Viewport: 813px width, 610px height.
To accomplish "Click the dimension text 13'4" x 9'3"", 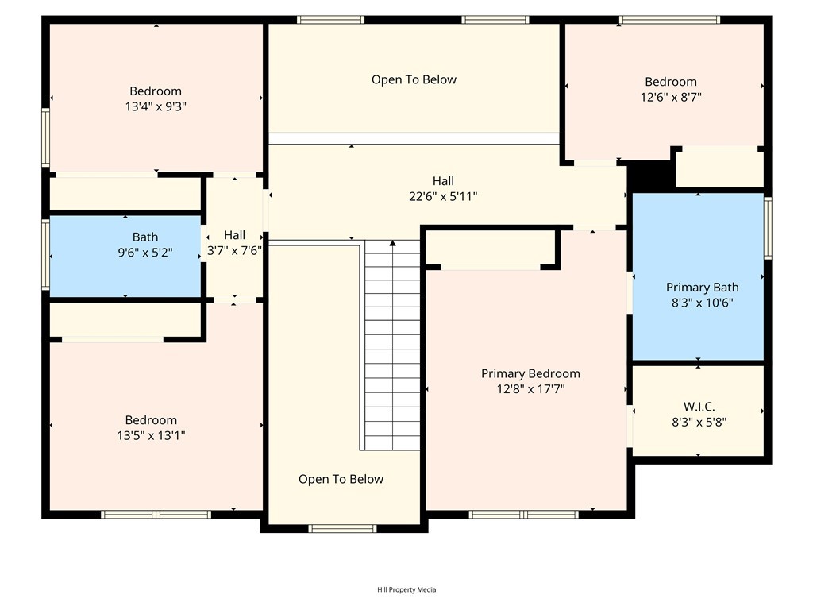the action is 156,106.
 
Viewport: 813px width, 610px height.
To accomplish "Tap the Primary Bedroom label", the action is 530,373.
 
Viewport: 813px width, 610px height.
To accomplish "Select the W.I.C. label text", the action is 699,407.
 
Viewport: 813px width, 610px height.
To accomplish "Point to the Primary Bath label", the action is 702,288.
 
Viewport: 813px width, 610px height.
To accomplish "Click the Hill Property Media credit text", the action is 406,589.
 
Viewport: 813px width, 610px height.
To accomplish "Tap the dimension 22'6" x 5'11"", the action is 443,196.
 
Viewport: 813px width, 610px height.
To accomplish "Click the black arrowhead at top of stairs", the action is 392,243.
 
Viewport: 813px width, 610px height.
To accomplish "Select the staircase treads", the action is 392,345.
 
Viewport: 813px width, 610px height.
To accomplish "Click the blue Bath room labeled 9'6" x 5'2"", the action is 125,257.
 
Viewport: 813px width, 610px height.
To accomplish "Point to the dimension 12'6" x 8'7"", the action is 671,97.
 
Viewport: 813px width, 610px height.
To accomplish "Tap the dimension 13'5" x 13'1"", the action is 151,435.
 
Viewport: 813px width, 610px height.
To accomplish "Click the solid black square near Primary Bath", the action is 651,177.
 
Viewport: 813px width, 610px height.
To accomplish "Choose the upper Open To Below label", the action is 414,79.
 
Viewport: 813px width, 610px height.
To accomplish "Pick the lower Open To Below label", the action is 341,479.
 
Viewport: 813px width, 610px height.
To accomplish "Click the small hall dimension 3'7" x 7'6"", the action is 234,250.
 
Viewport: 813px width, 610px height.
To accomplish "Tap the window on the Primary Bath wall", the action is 768,228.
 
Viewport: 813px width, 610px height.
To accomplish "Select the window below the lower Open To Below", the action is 342,528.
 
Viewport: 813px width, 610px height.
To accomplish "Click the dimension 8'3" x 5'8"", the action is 699,423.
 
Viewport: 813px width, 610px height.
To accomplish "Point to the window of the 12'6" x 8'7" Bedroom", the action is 669,20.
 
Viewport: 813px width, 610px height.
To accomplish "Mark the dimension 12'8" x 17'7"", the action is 530,388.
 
